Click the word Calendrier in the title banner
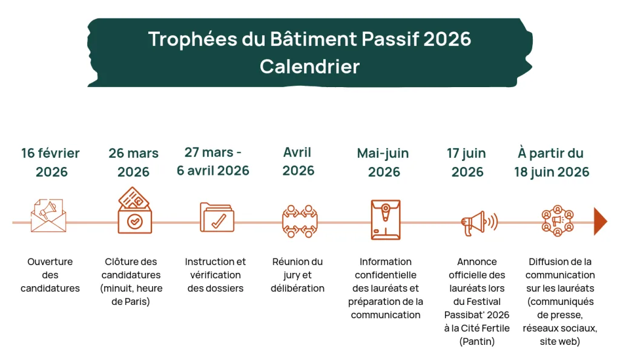pyautogui.click(x=309, y=66)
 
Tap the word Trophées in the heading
pyautogui.click(x=193, y=39)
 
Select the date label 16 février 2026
pyautogui.click(x=51, y=162)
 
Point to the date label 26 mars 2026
pyautogui.click(x=134, y=162)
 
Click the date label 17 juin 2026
pyautogui.click(x=467, y=162)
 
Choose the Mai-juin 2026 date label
pyautogui.click(x=383, y=162)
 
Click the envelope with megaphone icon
pyautogui.click(x=48, y=215)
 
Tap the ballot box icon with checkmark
pyautogui.click(x=134, y=210)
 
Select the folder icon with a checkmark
pyautogui.click(x=217, y=217)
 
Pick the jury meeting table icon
pyautogui.click(x=299, y=221)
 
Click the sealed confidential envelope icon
pyautogui.click(x=386, y=220)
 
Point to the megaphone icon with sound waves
pyautogui.click(x=479, y=223)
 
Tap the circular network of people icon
pyautogui.click(x=558, y=220)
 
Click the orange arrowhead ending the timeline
pyautogui.click(x=600, y=221)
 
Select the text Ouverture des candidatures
pyautogui.click(x=50, y=275)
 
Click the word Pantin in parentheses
pyautogui.click(x=477, y=341)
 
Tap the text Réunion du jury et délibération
pyautogui.click(x=297, y=275)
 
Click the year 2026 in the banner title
pyautogui.click(x=447, y=39)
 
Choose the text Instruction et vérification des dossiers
pyautogui.click(x=216, y=275)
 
